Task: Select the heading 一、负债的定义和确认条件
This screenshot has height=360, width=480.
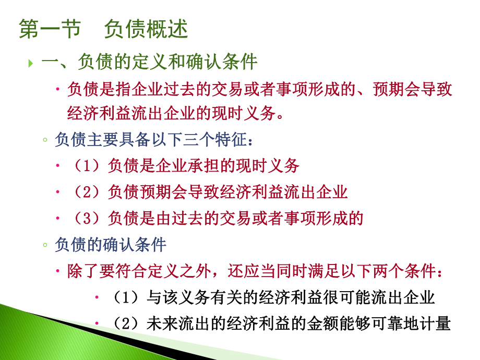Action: [x=149, y=62]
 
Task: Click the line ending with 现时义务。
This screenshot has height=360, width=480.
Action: [x=177, y=113]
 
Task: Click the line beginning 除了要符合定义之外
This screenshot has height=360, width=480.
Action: [x=256, y=271]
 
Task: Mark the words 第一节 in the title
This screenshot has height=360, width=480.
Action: [x=50, y=29]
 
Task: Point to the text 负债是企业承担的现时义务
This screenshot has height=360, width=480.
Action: [x=203, y=166]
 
